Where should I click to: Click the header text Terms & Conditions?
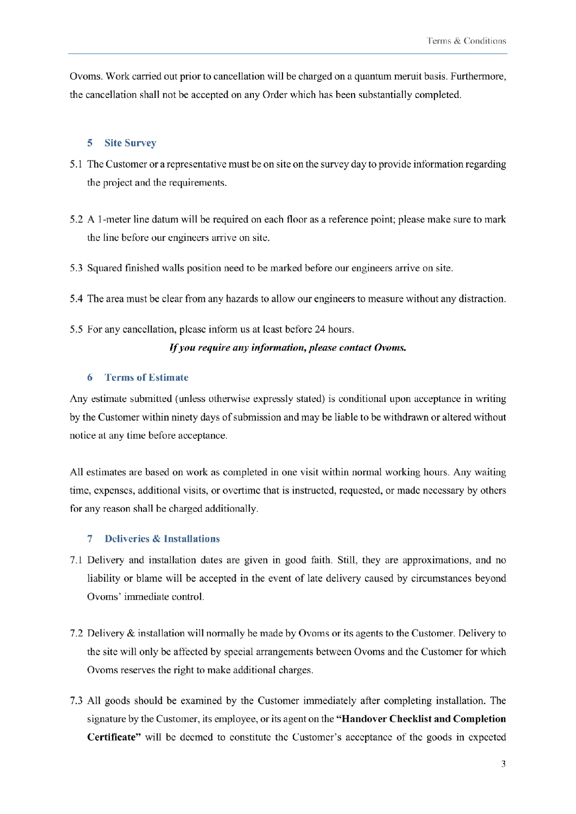(x=466, y=41)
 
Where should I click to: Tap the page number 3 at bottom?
(x=503, y=764)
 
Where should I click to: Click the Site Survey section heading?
(x=130, y=143)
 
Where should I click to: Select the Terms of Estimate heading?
(x=146, y=377)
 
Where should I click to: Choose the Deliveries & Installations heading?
(x=162, y=539)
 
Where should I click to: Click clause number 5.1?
(x=76, y=164)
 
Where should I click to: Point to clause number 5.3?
(x=76, y=268)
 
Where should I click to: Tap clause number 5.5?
(x=76, y=329)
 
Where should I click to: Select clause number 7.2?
(x=76, y=633)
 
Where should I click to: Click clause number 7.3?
(x=76, y=701)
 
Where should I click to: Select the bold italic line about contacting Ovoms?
(x=288, y=348)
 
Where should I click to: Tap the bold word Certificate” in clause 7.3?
(x=114, y=737)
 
